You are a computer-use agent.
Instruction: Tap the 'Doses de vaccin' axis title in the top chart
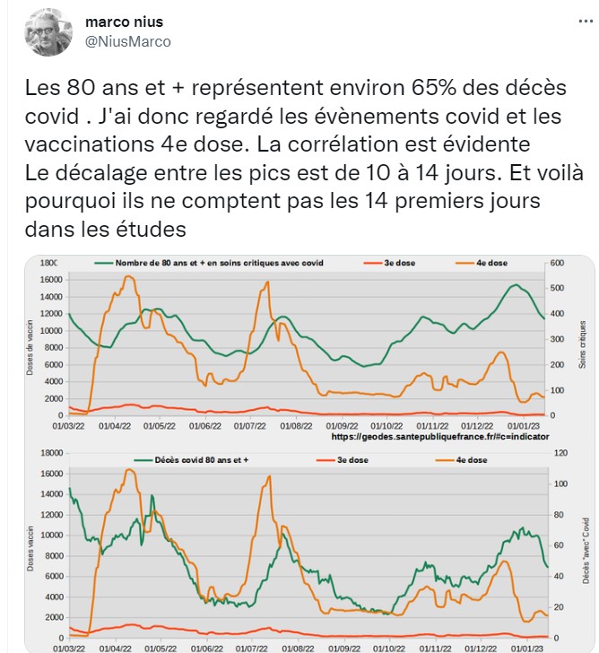coord(30,341)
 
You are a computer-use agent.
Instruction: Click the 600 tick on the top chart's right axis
coord(557,263)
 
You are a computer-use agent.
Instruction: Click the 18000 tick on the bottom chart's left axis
coord(48,454)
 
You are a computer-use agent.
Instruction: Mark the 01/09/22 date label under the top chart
coord(342,425)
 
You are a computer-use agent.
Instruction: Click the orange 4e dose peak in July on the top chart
coord(266,283)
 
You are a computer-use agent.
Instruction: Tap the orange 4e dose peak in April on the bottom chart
coord(130,470)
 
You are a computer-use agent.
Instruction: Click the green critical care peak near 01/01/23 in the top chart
coord(517,285)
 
